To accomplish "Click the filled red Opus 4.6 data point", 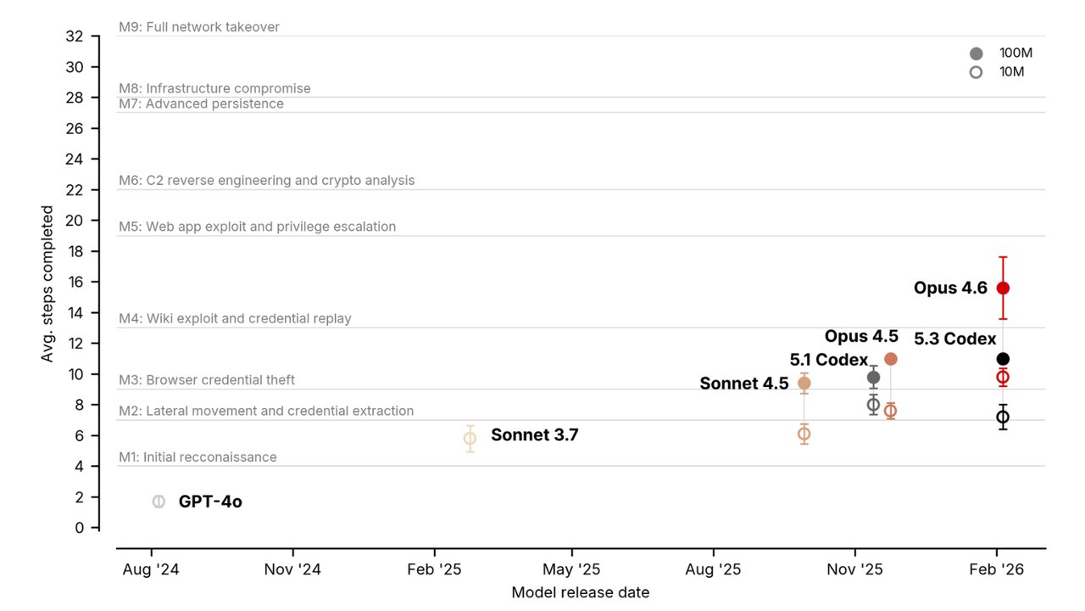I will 1003,288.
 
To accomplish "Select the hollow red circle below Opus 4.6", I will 1003,377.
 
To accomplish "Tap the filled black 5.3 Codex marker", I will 1003,359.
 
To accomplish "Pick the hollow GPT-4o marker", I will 159,502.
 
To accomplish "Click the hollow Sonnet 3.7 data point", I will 470,438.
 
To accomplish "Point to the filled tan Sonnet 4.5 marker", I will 804,383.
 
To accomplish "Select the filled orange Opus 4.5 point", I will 891,359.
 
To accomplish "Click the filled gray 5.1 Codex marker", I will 873,378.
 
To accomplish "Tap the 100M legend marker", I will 976,53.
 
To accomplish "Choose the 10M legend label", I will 1011,72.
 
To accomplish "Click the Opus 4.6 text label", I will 950,289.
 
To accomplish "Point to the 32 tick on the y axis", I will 75,36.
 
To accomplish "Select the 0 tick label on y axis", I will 80,528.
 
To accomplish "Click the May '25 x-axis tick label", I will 571,569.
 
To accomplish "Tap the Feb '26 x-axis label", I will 996,569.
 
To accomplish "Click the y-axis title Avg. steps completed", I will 47,283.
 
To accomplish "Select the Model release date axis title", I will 580,592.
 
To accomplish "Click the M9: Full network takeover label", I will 199,27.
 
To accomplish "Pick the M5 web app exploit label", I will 257,227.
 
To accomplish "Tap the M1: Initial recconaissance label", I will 198,457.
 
